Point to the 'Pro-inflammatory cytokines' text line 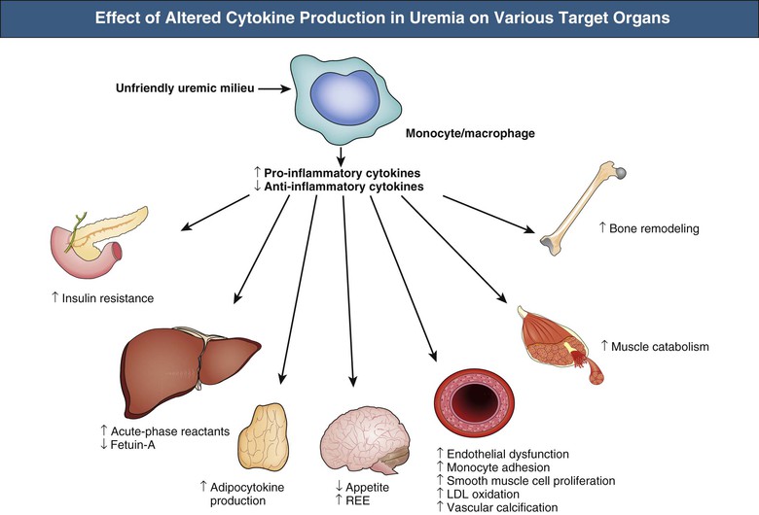click(x=343, y=171)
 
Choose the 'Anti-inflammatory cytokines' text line click(x=343, y=185)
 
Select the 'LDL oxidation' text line click(x=484, y=494)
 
